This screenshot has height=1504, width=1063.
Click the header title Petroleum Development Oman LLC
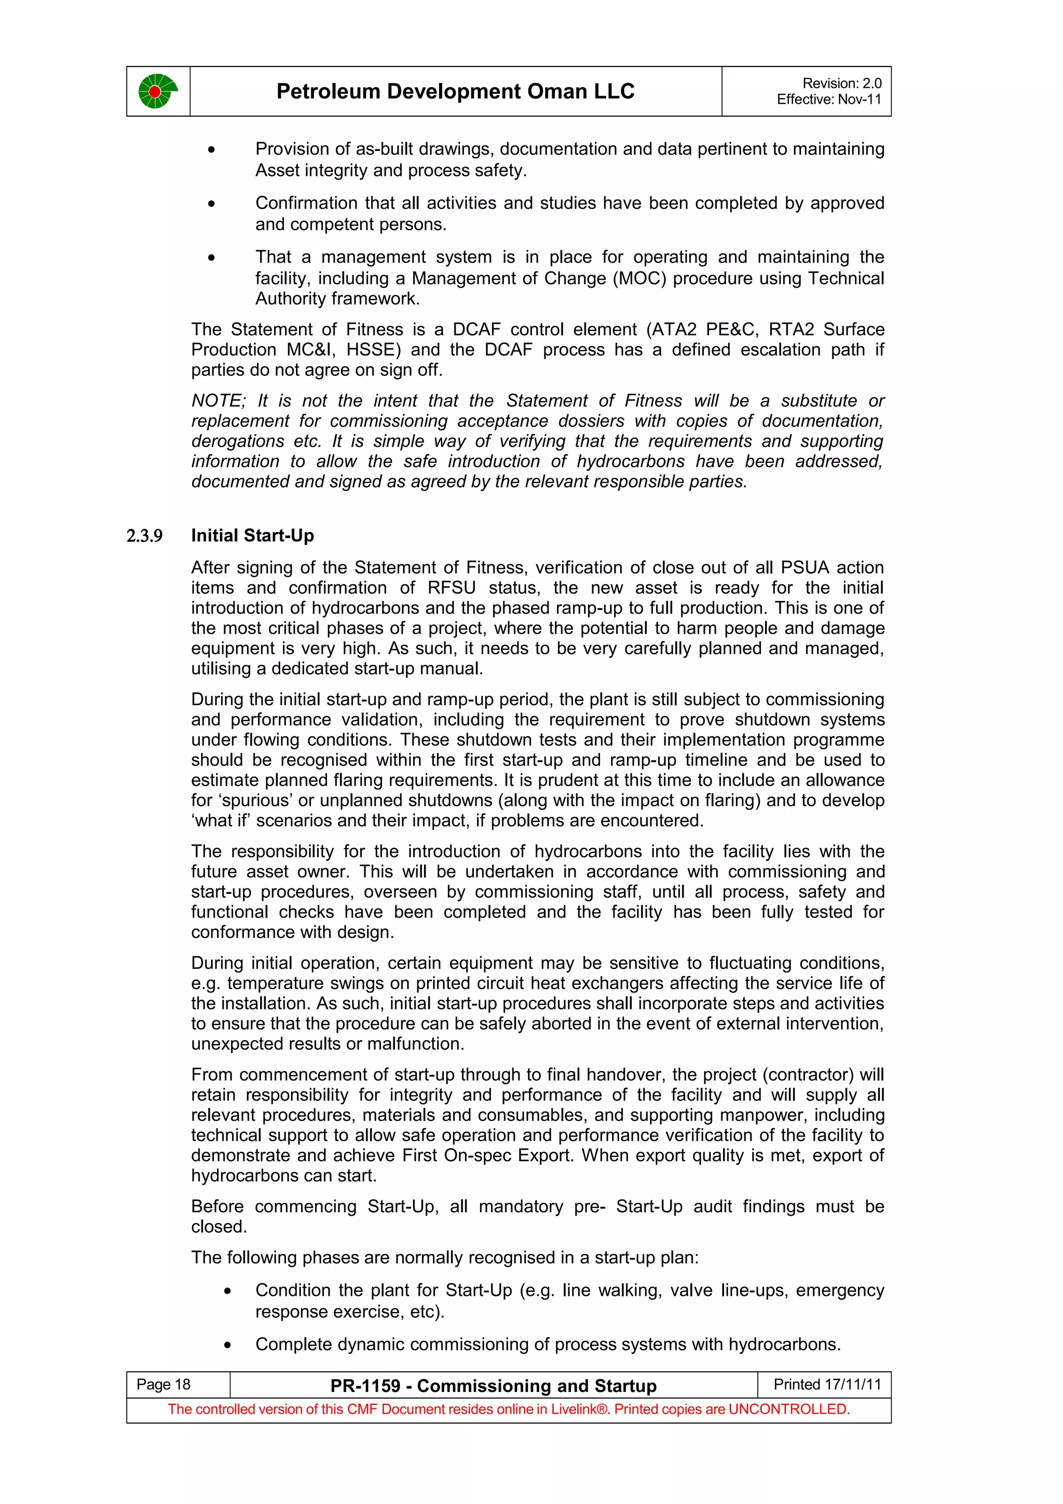455,91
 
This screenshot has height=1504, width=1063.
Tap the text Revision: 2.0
841,83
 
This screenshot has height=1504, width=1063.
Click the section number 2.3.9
144,537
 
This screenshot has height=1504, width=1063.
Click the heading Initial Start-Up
252,536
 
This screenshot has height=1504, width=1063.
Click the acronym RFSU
451,587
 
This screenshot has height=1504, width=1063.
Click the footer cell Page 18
163,1384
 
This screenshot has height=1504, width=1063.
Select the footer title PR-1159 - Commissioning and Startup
493,1386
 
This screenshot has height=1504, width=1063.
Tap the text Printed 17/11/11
827,1384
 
